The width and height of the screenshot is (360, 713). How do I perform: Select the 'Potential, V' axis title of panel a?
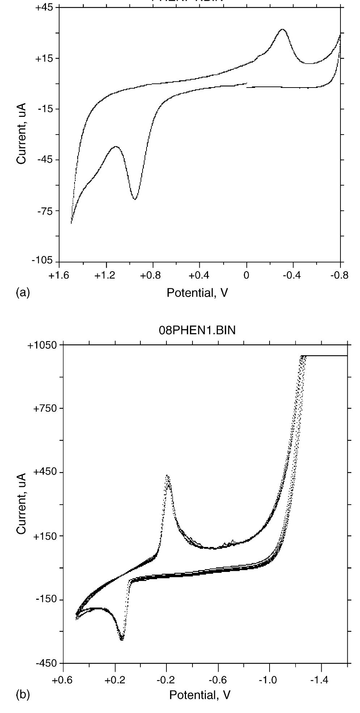click(197, 293)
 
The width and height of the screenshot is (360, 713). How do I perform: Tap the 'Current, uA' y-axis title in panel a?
click(21, 133)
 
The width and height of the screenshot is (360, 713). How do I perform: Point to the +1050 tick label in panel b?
click(42, 345)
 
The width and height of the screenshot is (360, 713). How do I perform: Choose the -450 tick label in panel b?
click(45, 663)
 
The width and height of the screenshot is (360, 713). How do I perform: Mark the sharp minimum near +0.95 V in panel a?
click(135, 199)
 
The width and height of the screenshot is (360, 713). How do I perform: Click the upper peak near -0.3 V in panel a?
click(282, 29)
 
